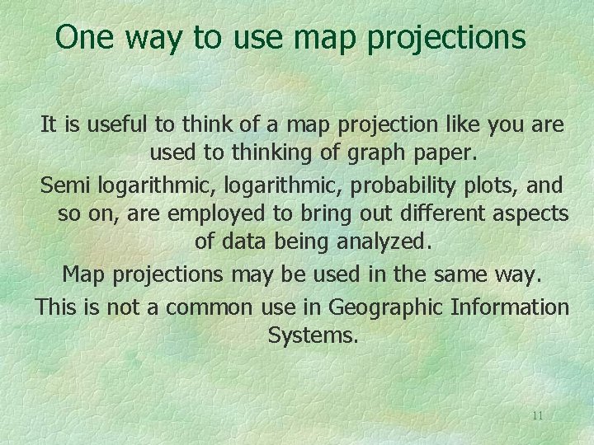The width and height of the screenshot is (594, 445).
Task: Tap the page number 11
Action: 537,415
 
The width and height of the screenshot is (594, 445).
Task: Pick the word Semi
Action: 63,184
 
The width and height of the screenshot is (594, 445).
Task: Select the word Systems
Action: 313,336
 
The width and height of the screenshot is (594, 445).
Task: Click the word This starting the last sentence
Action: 55,307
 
